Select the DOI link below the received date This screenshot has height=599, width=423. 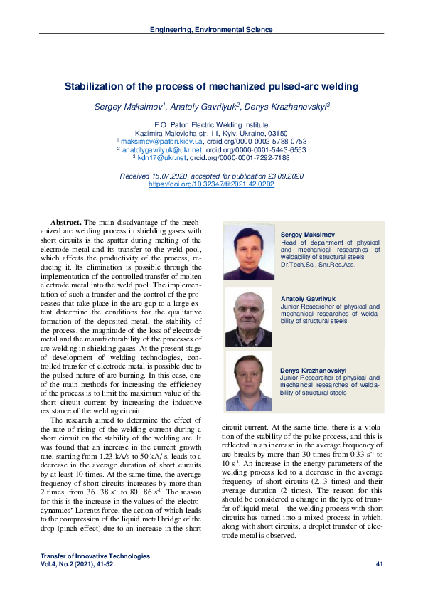pyautogui.click(x=211, y=184)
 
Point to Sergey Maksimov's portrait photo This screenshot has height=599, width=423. pyautogui.click(x=249, y=253)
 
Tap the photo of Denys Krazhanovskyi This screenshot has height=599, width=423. pyautogui.click(x=249, y=381)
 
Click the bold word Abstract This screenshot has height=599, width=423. pyautogui.click(x=65, y=223)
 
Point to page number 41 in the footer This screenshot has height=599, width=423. pyautogui.click(x=379, y=564)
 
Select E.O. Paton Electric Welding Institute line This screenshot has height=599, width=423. pyautogui.click(x=211, y=124)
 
